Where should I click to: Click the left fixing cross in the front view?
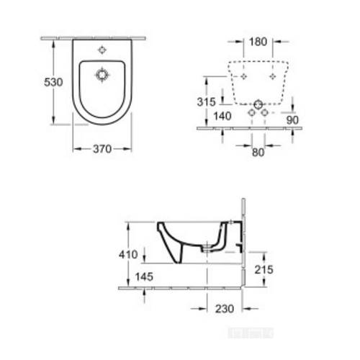click(x=243, y=75)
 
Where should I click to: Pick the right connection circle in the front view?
click(x=264, y=114)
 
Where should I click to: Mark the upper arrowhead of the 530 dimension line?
click(x=55, y=41)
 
